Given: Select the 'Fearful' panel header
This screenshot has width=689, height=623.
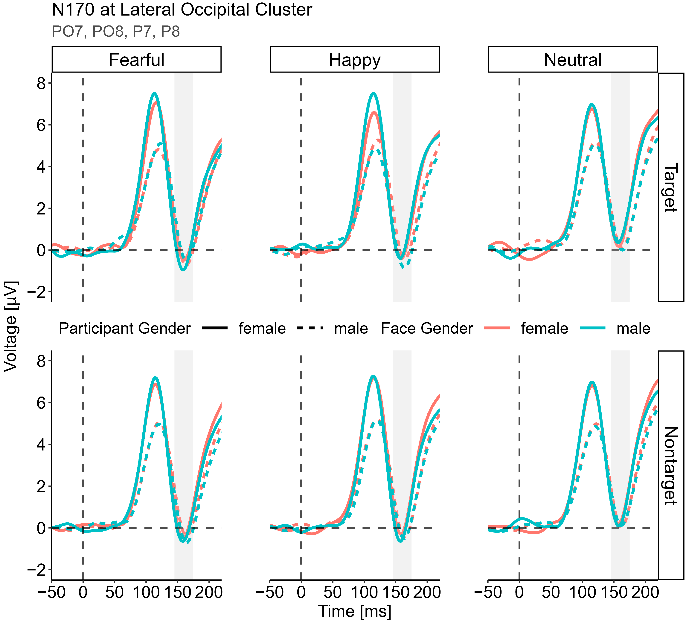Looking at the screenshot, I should tap(136, 60).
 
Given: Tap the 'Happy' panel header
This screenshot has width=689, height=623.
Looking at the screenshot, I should tap(354, 60).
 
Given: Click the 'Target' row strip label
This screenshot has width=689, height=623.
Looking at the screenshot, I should tap(670, 187).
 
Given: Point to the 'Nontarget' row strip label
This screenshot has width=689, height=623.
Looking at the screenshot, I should tap(670, 465).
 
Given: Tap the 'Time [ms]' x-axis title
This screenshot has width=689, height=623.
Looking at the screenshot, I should tap(354, 611).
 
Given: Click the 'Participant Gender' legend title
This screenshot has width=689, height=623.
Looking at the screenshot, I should tap(124, 328).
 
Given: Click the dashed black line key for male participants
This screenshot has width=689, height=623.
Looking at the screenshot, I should tap(310, 328).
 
